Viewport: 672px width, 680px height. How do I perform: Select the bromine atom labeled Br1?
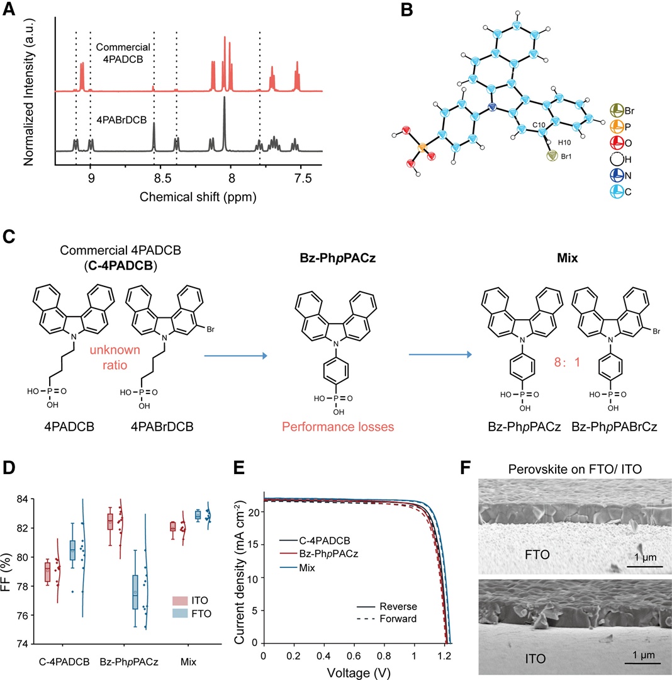552,156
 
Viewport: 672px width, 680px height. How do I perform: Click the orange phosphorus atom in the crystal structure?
422,147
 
